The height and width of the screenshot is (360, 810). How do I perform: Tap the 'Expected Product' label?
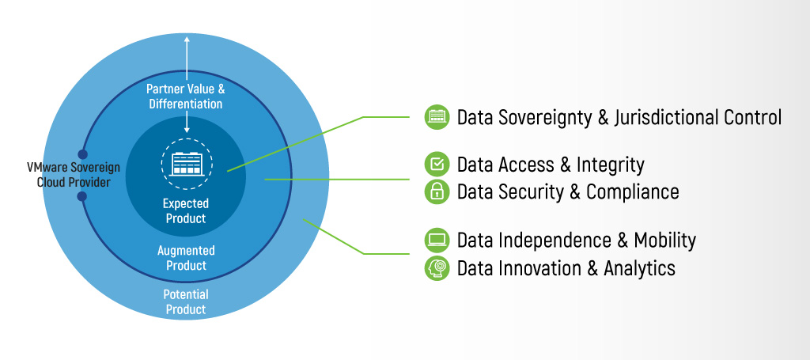coord(187,211)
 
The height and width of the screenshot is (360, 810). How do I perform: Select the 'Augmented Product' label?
coord(186,258)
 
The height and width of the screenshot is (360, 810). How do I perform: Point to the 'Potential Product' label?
coord(186,302)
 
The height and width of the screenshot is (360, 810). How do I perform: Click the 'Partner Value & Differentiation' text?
coord(185,96)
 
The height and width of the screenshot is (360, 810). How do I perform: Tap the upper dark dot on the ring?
coord(82,154)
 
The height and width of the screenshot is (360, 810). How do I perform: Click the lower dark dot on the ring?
coord(82,195)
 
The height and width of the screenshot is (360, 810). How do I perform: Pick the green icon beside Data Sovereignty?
coord(437,117)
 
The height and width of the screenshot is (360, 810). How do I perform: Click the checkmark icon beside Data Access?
coord(437,164)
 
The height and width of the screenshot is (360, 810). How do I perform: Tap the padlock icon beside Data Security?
coord(437,191)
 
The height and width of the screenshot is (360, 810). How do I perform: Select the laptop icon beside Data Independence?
coord(437,239)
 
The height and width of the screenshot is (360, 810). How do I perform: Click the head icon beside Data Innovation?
coord(437,267)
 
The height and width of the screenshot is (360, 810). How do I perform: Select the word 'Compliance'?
coord(633,191)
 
